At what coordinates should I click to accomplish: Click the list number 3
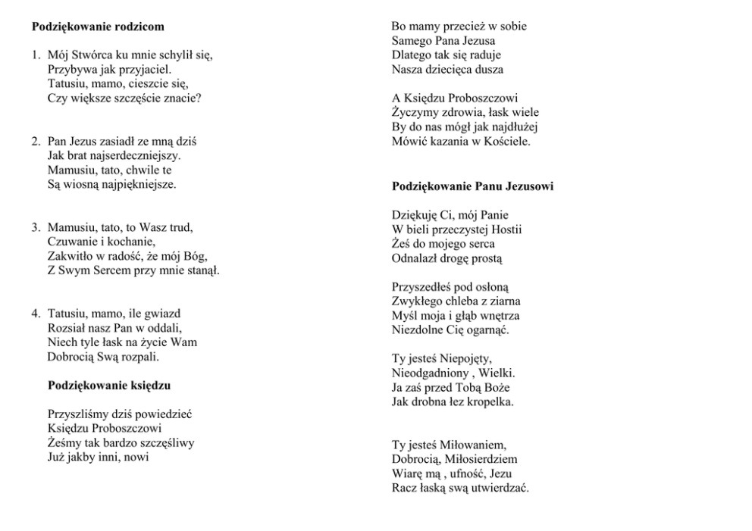coord(35,227)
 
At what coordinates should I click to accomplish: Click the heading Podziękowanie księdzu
coord(109,386)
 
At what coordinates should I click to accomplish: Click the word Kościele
coord(503,141)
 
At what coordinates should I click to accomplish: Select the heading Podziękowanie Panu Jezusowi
coord(472,186)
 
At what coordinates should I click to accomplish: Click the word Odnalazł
coord(415,258)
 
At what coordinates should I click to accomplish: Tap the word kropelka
coord(489,401)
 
